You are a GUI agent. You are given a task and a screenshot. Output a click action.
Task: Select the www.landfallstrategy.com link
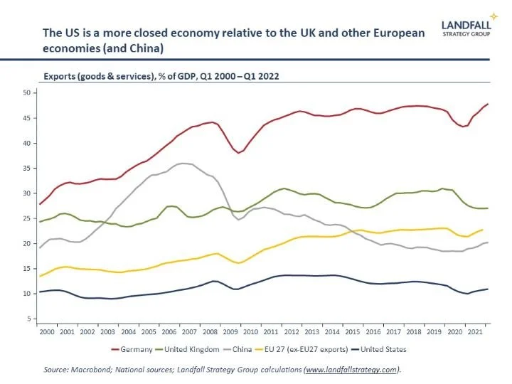click(x=350, y=369)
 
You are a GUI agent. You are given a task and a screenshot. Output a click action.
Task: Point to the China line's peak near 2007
click(x=184, y=164)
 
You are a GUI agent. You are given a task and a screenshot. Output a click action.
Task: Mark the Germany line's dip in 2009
click(x=240, y=153)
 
